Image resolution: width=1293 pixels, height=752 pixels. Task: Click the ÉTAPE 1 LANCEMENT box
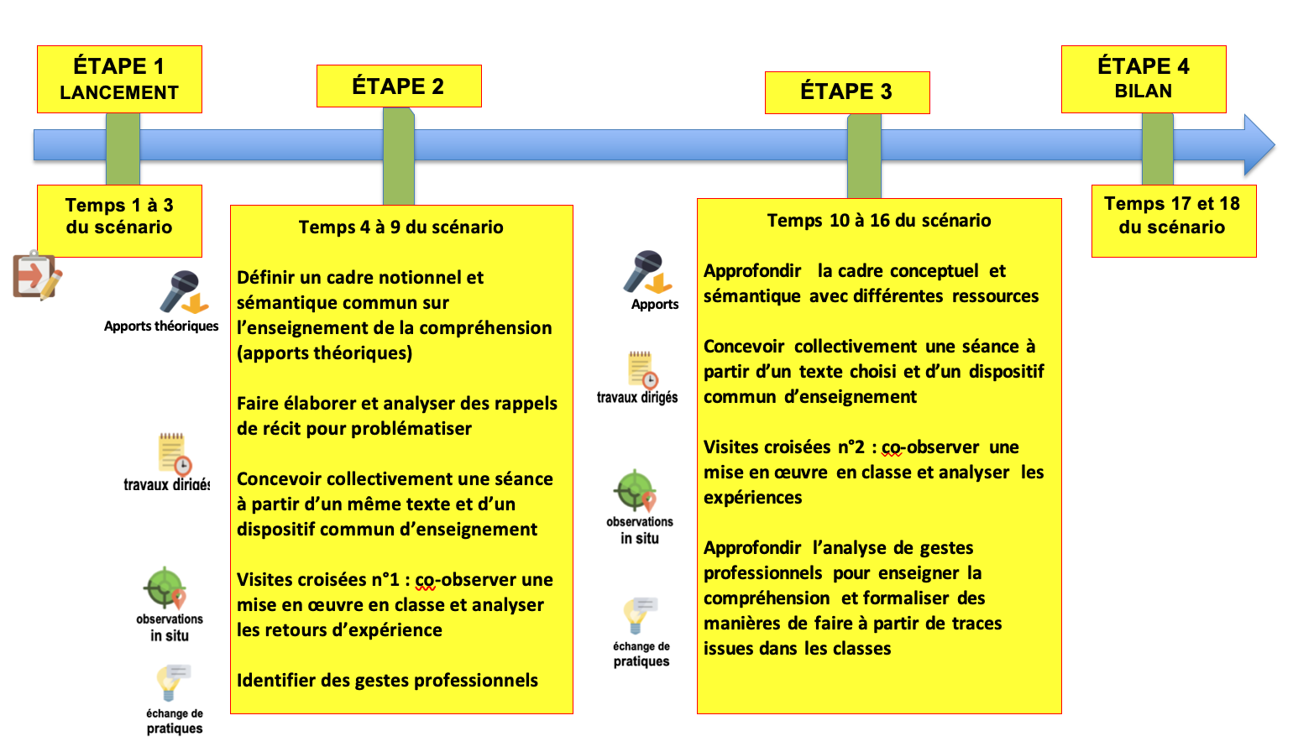(x=119, y=79)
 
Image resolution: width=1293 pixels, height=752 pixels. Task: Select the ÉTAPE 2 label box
(x=399, y=86)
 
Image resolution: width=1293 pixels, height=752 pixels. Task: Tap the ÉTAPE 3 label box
(x=846, y=92)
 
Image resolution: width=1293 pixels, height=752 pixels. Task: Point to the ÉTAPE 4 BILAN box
(x=1144, y=79)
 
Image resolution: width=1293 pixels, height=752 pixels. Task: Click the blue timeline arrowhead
(x=1259, y=145)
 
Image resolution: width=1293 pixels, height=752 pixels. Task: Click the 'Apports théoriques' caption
(x=161, y=326)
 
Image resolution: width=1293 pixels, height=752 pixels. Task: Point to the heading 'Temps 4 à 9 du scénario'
(x=400, y=227)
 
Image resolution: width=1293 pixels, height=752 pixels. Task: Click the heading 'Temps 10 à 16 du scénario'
(x=878, y=221)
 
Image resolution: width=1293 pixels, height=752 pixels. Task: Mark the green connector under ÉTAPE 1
(x=123, y=149)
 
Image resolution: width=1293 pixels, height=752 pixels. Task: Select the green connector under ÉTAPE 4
(x=1158, y=149)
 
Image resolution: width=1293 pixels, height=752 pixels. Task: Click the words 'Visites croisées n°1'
(x=317, y=580)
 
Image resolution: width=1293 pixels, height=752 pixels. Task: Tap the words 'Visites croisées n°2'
(x=783, y=447)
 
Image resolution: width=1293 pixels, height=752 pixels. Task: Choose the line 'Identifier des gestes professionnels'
(x=387, y=681)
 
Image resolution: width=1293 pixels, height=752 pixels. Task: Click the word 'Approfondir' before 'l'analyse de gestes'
(x=752, y=548)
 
